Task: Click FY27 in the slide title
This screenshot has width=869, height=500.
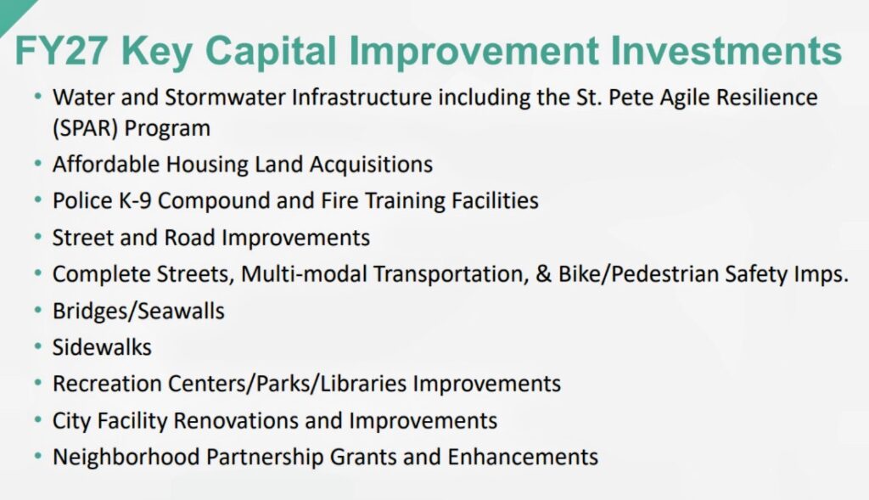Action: [x=60, y=50]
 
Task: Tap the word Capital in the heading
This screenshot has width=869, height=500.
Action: [x=271, y=52]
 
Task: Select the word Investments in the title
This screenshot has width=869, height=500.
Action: [x=726, y=50]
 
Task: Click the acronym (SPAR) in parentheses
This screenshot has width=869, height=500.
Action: [x=86, y=128]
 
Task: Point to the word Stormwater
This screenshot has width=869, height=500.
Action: [x=224, y=97]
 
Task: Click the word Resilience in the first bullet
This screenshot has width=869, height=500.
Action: [x=766, y=97]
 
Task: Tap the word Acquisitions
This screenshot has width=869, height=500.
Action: [x=371, y=165]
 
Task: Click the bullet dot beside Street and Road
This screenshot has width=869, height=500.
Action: [x=37, y=237]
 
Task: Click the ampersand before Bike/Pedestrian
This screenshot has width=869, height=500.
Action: [x=544, y=274]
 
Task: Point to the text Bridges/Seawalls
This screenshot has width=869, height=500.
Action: [x=138, y=311]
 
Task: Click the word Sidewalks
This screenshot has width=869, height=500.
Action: [x=102, y=347]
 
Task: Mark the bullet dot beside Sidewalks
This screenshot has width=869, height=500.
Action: [x=37, y=347]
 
